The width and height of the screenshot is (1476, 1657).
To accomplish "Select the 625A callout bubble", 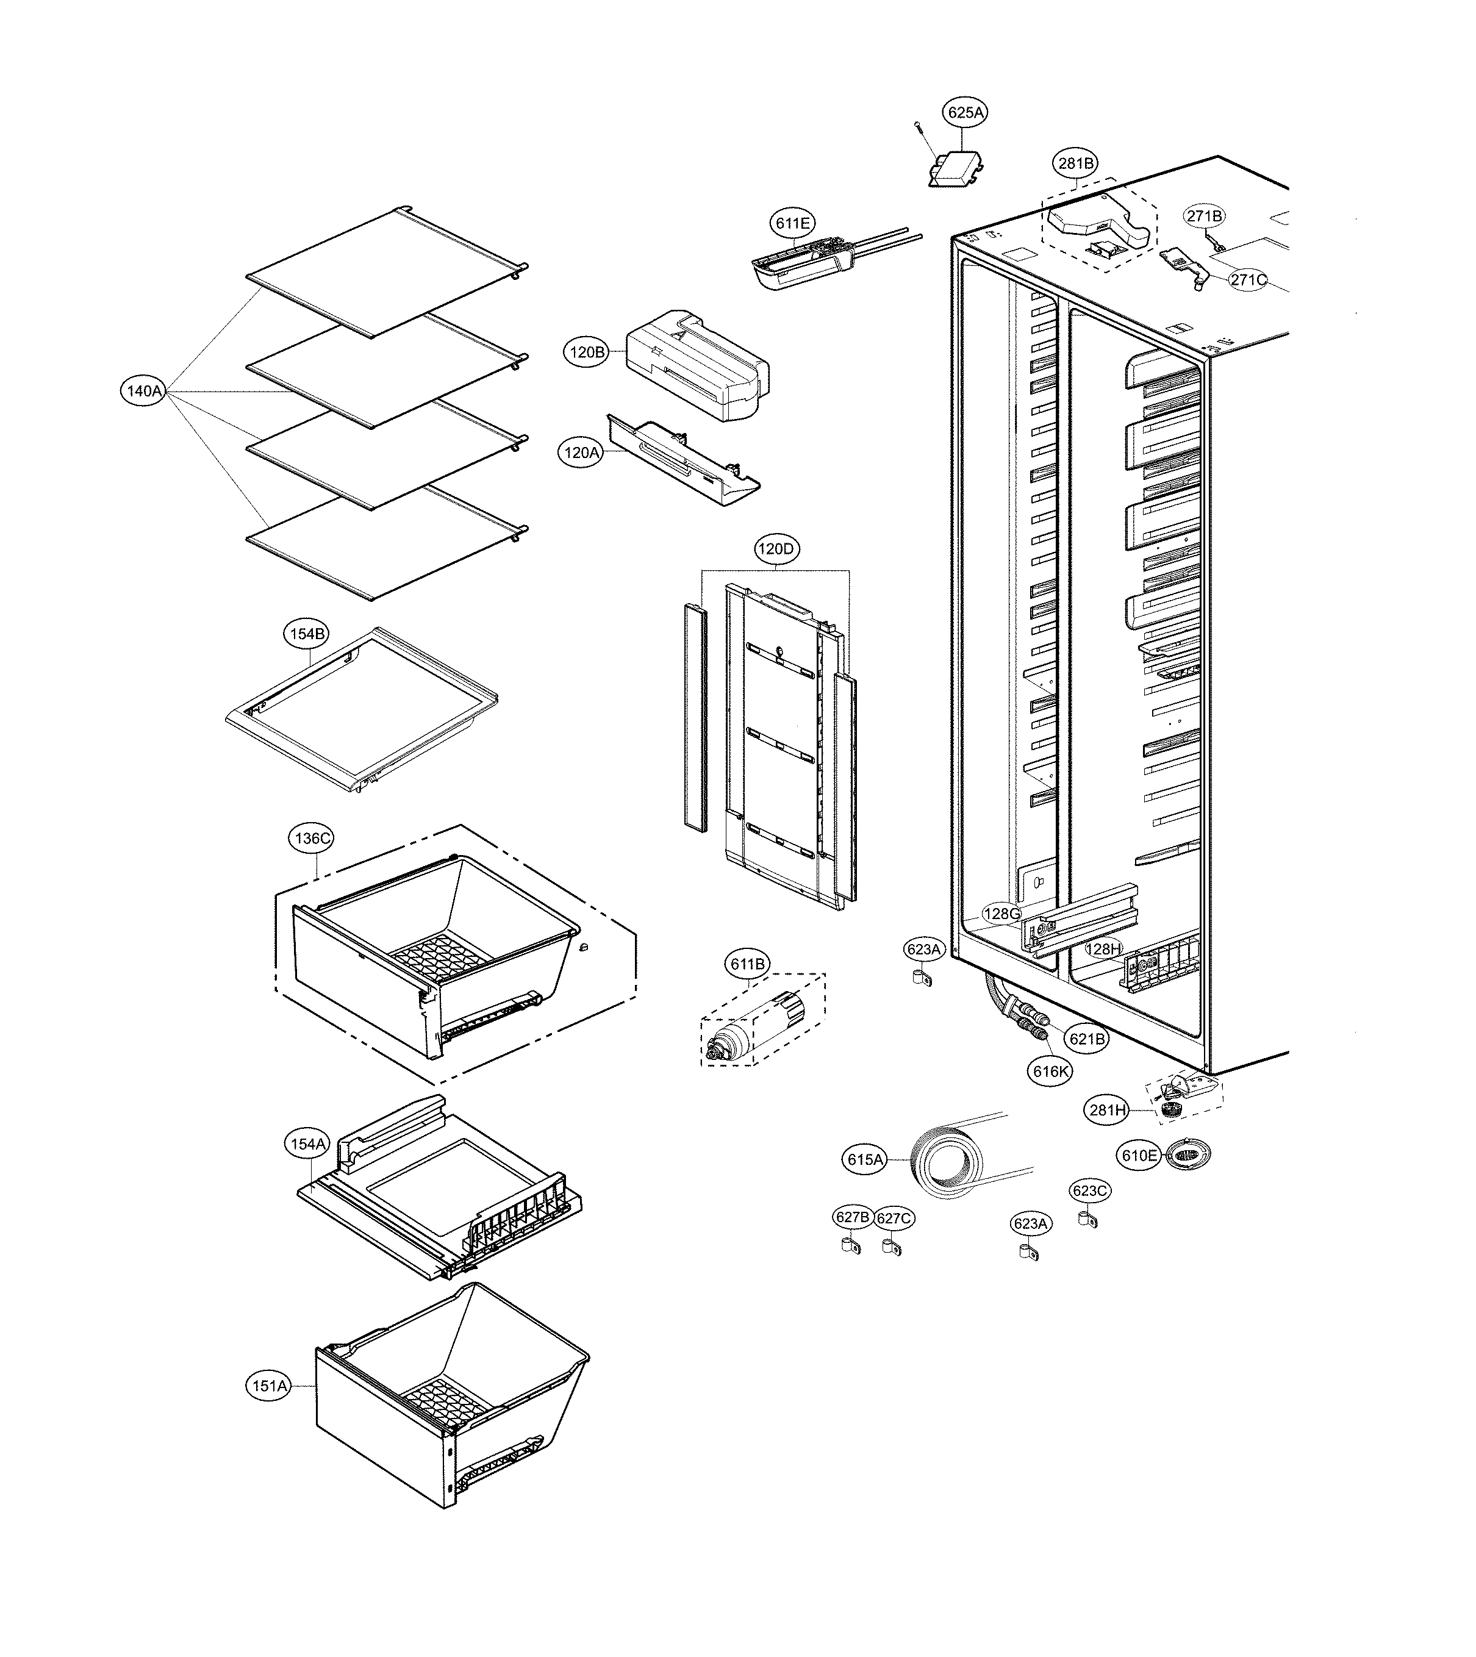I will click(965, 113).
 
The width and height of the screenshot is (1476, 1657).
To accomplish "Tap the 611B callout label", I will click(747, 964).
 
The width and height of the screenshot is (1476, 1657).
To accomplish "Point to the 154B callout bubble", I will click(307, 634).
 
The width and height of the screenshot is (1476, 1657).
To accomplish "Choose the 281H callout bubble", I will click(1108, 1109).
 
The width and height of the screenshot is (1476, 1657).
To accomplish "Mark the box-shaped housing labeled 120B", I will click(698, 365).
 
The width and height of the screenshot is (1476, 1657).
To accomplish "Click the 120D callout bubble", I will click(776, 549).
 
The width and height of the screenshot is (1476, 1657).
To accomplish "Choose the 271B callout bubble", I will click(1205, 217).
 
